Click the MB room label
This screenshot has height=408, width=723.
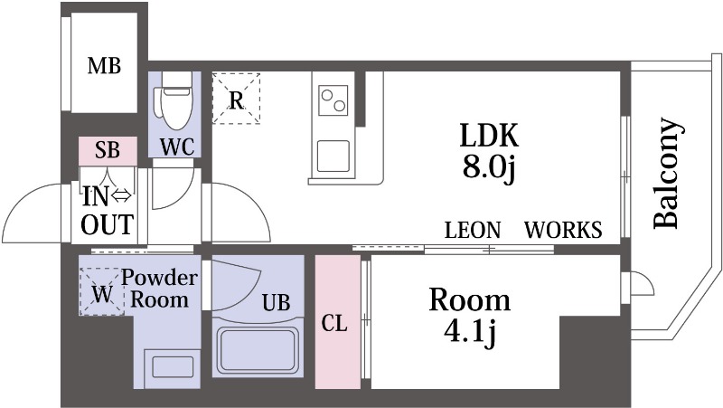click(x=104, y=66)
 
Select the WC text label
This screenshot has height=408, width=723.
click(x=177, y=147)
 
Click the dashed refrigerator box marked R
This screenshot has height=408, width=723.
click(x=236, y=99)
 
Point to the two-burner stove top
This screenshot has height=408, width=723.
click(x=333, y=100)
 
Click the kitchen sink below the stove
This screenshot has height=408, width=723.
click(x=333, y=156)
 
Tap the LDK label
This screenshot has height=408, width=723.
click(x=489, y=135)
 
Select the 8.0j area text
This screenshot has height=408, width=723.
click(x=489, y=167)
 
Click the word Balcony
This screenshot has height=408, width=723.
click(x=667, y=173)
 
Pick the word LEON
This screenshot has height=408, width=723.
click(x=473, y=230)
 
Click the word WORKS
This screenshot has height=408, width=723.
click(x=563, y=230)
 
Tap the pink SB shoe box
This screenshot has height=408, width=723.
click(x=108, y=151)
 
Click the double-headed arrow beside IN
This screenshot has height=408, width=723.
click(x=121, y=196)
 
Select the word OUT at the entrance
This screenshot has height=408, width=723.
click(x=107, y=224)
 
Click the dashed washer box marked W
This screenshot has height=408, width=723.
click(x=102, y=291)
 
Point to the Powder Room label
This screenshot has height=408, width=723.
click(x=160, y=289)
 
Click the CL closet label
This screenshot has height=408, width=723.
click(x=334, y=324)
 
